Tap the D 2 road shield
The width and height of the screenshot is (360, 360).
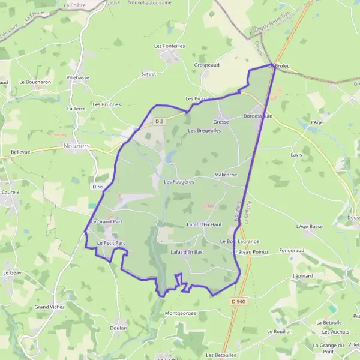[x=159, y=121]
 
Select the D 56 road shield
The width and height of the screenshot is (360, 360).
[x=98, y=187]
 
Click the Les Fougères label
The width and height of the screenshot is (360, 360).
[x=178, y=182]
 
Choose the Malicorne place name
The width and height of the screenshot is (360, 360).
[x=226, y=175]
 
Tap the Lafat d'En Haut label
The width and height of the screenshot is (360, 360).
[x=204, y=224]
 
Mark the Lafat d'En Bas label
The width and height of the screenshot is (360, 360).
[x=187, y=252]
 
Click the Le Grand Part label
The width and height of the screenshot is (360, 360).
[x=107, y=221]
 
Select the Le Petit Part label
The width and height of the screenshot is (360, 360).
[x=111, y=243]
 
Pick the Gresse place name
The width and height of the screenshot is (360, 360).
[x=221, y=122]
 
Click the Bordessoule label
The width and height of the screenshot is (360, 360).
[x=258, y=116]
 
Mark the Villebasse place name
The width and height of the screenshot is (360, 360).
[x=78, y=78]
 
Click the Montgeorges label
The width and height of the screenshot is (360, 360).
[x=180, y=313]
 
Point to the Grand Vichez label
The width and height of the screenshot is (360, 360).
[x=49, y=307]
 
